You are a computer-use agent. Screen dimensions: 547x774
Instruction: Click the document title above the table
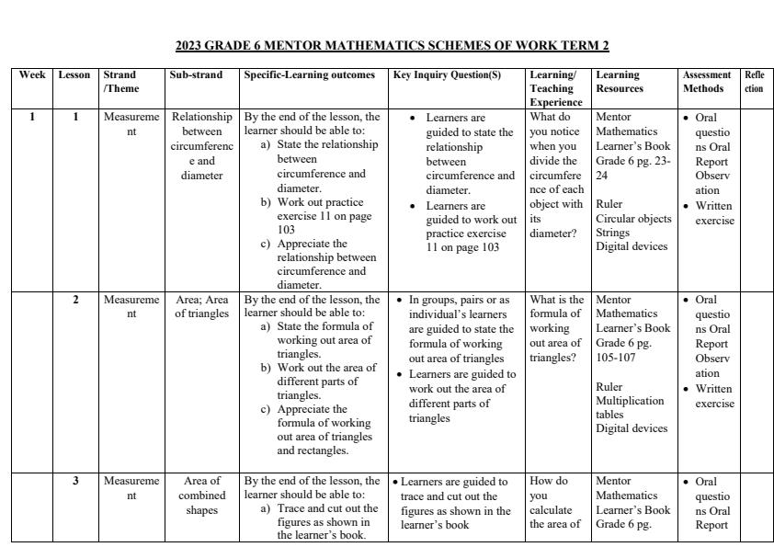point(392,46)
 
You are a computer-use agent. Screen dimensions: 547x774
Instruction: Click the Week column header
point(32,75)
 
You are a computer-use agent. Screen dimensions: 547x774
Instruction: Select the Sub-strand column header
point(195,75)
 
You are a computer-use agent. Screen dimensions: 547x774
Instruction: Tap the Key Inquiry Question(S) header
point(447,75)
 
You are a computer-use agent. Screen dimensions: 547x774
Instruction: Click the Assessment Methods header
point(707,82)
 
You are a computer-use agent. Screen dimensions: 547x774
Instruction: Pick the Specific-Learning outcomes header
point(309,75)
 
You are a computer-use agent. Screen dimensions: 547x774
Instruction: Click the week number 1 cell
point(32,118)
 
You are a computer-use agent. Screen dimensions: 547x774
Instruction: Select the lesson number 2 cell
point(75,300)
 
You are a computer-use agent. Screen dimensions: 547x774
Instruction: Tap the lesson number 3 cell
point(75,481)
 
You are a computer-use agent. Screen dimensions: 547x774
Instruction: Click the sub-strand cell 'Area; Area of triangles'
point(201,306)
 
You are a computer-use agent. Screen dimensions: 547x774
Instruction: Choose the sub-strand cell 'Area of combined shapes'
point(201,496)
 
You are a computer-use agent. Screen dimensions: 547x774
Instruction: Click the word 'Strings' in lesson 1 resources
point(614,233)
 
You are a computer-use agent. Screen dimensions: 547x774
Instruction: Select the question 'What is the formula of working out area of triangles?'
point(556,328)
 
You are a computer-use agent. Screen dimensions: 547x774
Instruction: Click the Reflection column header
point(754,82)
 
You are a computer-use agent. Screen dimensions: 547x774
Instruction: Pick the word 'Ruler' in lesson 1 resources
point(609,204)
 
